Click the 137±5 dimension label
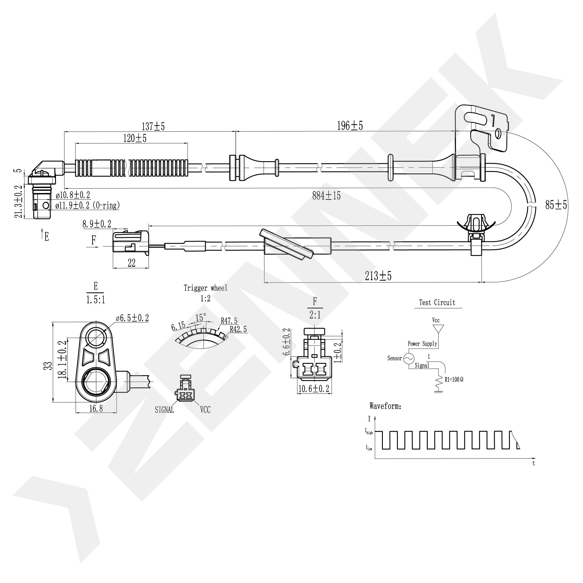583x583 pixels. (153, 126)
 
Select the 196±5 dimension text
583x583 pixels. (350, 126)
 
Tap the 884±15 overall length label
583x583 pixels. (326, 196)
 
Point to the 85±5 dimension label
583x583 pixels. (556, 205)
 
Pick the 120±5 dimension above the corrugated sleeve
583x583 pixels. (135, 138)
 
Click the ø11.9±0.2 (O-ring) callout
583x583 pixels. (87, 206)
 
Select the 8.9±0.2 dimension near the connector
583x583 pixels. (97, 224)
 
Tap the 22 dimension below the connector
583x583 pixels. (132, 263)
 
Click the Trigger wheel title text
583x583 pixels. (205, 288)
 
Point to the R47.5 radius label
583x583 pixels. (229, 321)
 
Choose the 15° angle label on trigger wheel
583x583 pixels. (201, 318)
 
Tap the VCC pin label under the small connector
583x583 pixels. (205, 410)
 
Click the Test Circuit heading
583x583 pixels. (437, 303)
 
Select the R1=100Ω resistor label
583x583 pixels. (454, 380)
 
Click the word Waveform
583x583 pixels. (385, 406)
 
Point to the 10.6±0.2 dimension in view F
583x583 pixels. (314, 389)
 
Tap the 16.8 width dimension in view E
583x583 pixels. (96, 408)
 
